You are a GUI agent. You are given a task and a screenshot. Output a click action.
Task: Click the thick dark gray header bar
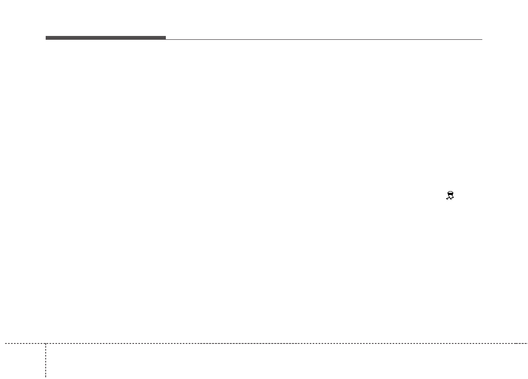coord(106,38)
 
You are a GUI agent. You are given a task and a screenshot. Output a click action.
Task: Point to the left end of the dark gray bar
coord(46,38)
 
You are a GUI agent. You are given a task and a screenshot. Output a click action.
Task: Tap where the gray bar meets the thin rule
coord(166,39)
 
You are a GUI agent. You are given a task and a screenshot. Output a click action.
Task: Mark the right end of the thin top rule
coord(482,39)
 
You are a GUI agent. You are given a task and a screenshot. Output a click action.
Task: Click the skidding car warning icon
coord(451,195)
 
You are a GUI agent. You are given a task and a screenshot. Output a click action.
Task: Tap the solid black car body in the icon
coord(451,194)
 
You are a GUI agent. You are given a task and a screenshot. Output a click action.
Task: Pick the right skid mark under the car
coord(453,198)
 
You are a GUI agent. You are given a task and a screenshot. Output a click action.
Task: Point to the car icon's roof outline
coord(451,192)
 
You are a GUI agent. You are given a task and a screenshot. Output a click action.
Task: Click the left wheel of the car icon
coord(448,196)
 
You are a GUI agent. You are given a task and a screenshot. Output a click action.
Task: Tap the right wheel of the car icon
coord(453,196)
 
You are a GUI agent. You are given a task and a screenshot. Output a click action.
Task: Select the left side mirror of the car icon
coord(448,193)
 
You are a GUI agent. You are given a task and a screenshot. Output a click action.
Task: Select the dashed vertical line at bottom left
coord(46,360)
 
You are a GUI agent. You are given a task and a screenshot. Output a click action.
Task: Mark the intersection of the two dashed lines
coord(46,343)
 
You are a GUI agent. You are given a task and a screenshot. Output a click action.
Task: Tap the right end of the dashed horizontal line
coord(527,343)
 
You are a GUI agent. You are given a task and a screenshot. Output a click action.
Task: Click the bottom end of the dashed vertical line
coord(46,376)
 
